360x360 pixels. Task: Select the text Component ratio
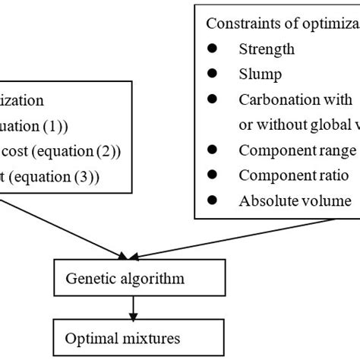click(x=286, y=175)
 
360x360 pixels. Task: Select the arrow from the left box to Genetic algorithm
click(x=68, y=227)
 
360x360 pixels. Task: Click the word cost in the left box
click(x=17, y=150)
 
